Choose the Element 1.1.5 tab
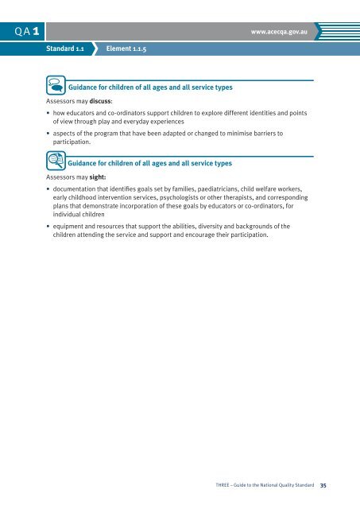[x=127, y=49]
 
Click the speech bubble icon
[x=56, y=84]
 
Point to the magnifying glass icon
[x=56, y=161]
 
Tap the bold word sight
[x=97, y=178]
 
